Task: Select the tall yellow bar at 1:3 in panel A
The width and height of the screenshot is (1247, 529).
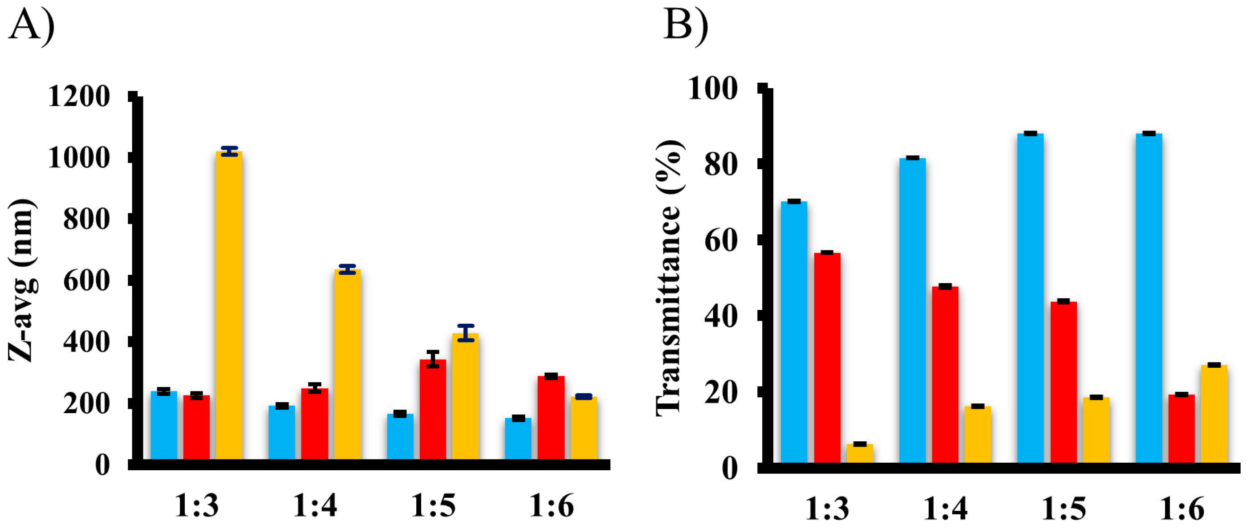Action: (x=229, y=305)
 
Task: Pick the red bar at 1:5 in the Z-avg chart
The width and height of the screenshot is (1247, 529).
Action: (x=433, y=409)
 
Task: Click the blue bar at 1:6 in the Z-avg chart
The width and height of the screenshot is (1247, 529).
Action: (x=518, y=439)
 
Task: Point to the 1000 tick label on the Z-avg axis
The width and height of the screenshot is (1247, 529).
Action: (x=79, y=157)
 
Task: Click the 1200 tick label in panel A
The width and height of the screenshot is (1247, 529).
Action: (x=79, y=96)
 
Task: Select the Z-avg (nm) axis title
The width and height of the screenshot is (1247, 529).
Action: (x=22, y=281)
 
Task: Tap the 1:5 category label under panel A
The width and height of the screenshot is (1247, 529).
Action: (x=433, y=506)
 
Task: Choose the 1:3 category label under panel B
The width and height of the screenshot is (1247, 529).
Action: (x=827, y=509)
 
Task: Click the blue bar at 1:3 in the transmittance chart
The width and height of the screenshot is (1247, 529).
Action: (x=794, y=332)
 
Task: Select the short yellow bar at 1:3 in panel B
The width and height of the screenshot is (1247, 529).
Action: (x=860, y=453)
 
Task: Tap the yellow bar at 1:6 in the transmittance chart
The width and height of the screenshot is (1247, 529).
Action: (x=1214, y=413)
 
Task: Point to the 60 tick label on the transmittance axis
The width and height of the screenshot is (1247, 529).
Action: (x=720, y=240)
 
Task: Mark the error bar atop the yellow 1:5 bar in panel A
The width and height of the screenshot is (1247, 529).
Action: (x=466, y=333)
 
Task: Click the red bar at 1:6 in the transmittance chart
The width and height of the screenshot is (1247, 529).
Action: (x=1181, y=428)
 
